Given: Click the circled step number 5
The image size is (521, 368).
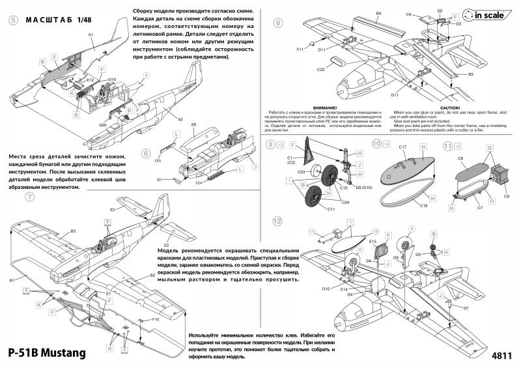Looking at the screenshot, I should (x=14, y=20).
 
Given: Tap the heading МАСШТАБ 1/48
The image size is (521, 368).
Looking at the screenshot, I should (x=55, y=20).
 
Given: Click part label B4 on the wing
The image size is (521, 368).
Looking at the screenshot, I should (x=378, y=13).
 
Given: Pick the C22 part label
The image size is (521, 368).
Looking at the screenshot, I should (x=320, y=69).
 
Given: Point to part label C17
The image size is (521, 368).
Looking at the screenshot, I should (x=402, y=147).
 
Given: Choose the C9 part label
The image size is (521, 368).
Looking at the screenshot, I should (x=506, y=196).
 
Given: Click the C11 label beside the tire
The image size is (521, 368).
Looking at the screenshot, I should (x=331, y=209).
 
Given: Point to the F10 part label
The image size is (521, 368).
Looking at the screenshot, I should (x=156, y=320).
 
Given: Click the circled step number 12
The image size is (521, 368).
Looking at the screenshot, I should (x=278, y=221).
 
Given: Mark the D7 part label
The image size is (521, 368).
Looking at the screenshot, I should (x=466, y=307).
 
